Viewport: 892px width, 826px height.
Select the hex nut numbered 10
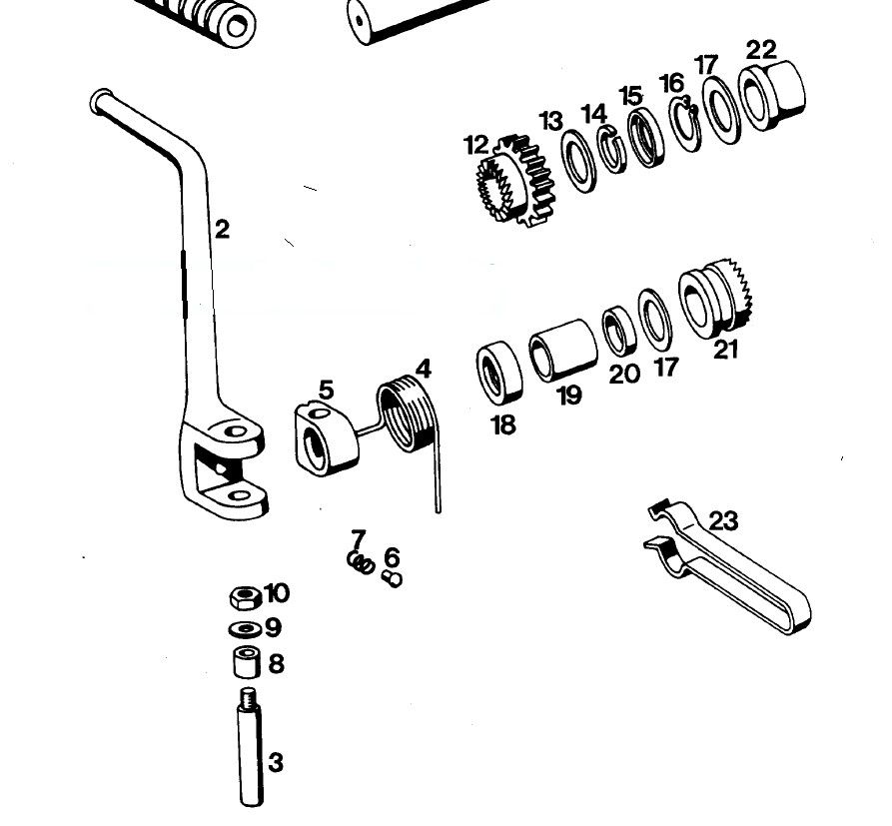pyautogui.click(x=245, y=597)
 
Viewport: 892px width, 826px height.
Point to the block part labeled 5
pyautogui.click(x=326, y=436)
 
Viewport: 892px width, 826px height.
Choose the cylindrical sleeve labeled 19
pyautogui.click(x=562, y=348)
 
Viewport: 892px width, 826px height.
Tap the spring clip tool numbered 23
pyautogui.click(x=729, y=569)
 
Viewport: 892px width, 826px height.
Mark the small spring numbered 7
pyautogui.click(x=361, y=562)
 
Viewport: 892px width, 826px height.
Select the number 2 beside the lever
pyautogui.click(x=222, y=230)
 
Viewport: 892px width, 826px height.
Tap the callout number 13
pyautogui.click(x=551, y=122)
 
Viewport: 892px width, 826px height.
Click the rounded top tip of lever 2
pyautogui.click(x=100, y=100)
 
